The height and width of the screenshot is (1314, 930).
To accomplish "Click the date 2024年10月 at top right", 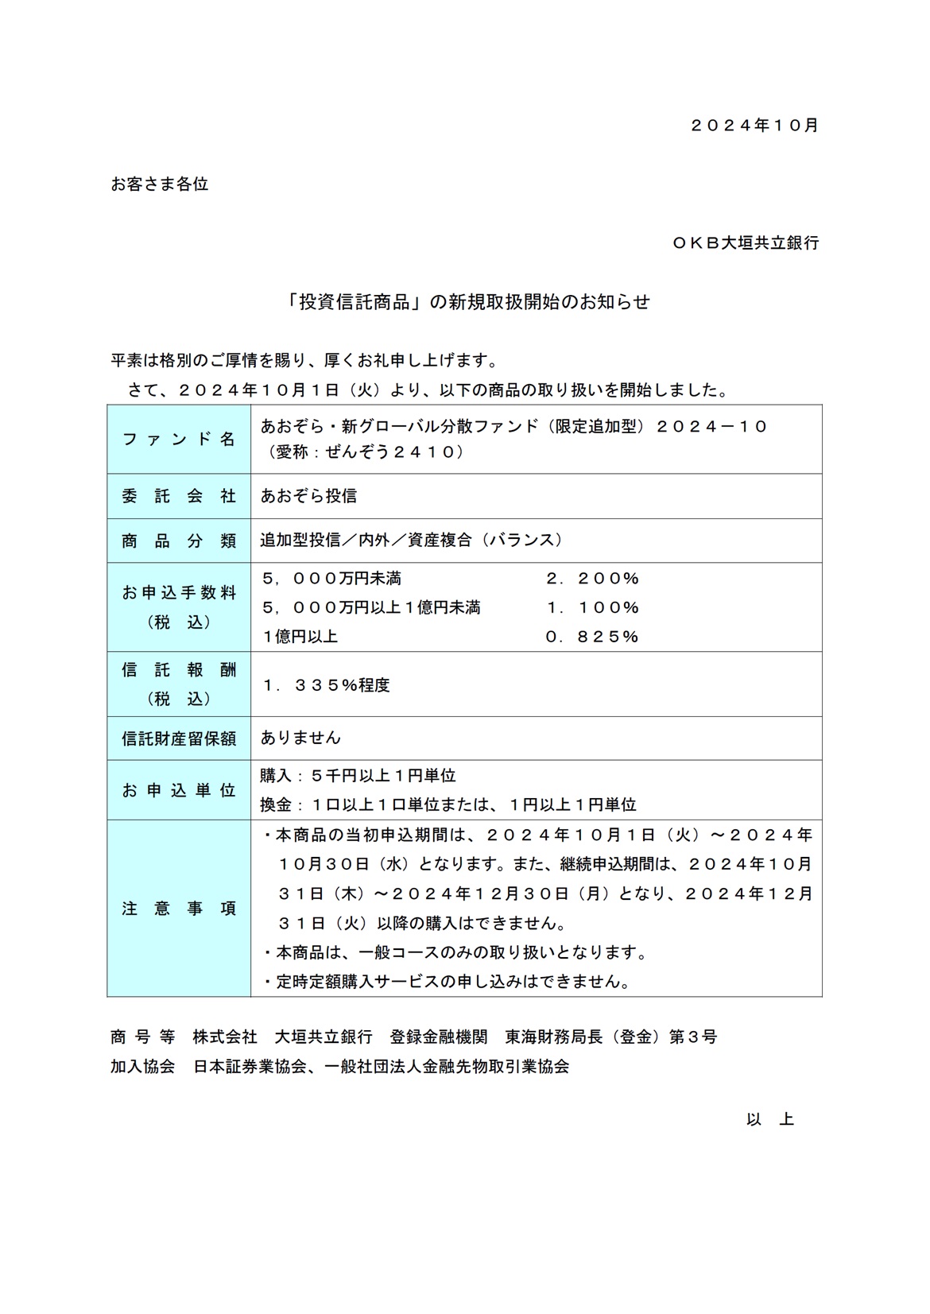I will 754,126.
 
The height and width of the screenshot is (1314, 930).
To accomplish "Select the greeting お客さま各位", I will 159,184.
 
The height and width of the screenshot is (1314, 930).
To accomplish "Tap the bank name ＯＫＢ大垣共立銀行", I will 745,243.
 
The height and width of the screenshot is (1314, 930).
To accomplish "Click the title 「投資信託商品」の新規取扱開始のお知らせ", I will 469,302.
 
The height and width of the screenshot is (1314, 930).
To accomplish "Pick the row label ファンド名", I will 179,439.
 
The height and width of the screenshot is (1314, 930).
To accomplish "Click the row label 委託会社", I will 179,496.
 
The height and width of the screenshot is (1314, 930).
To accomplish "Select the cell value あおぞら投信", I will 308,496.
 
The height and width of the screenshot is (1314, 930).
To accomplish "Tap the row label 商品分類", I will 179,541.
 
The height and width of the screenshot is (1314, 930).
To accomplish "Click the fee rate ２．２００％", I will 592,579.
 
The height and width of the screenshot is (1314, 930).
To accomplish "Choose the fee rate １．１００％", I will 592,608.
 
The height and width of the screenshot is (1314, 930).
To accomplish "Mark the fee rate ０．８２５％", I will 592,637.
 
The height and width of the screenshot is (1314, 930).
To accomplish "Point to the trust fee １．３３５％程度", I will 326,685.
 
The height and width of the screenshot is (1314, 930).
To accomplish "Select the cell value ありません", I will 300,738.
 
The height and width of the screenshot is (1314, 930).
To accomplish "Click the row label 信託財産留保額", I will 179,738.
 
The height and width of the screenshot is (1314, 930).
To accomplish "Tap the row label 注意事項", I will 179,909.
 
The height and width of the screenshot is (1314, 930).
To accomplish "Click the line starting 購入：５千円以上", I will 358,776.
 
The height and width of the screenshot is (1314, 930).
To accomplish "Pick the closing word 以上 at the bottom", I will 769,1120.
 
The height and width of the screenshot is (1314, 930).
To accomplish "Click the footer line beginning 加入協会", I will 340,1067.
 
